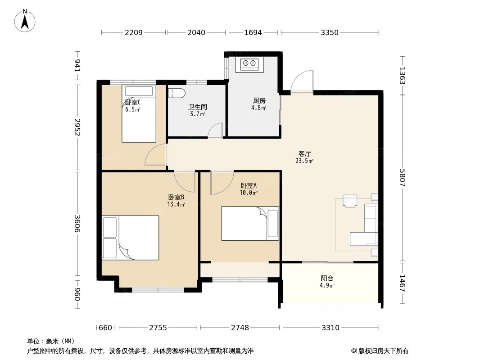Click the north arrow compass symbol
[x=25, y=21]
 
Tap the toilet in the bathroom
[x=177, y=93]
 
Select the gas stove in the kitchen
[x=249, y=64]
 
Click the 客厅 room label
[x=304, y=153]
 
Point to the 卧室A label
[x=249, y=186]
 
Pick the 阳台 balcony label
[x=327, y=279]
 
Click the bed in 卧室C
[x=139, y=113]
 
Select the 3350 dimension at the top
[x=330, y=32]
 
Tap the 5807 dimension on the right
[x=402, y=178]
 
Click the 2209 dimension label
[x=133, y=32]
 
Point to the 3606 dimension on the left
[x=77, y=224]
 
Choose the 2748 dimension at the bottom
[x=240, y=328]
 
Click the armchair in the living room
[x=349, y=201]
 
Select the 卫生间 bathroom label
[x=198, y=107]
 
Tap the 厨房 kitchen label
[x=259, y=100]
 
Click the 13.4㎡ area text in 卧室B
[x=176, y=204]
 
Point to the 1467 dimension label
[x=402, y=283]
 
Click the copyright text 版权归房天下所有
[x=383, y=351]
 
